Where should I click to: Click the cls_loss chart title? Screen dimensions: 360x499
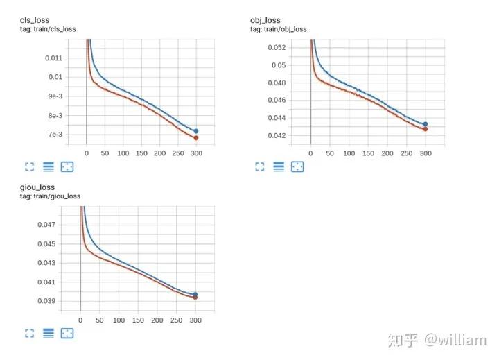pyautogui.click(x=35, y=20)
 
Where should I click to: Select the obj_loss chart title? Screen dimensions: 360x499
pyautogui.click(x=265, y=20)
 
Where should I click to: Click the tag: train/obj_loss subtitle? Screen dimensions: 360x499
pyautogui.click(x=279, y=29)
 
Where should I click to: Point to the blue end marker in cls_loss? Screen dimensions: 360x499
pyautogui.click(x=196, y=131)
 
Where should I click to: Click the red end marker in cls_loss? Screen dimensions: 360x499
pyautogui.click(x=196, y=138)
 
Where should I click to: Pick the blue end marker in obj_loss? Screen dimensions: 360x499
pyautogui.click(x=425, y=124)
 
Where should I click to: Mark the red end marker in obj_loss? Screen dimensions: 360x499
pyautogui.click(x=425, y=129)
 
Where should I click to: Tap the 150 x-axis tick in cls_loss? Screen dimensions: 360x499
pyautogui.click(x=141, y=152)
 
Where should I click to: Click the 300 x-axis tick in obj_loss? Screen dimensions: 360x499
pyautogui.click(x=425, y=152)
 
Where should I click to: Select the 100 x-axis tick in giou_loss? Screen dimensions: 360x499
pyautogui.click(x=119, y=320)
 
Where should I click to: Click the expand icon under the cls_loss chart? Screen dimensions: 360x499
pyautogui.click(x=29, y=166)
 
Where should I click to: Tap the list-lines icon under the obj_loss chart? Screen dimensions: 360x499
pyautogui.click(x=279, y=166)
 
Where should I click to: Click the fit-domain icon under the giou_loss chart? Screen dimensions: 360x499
pyautogui.click(x=67, y=334)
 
